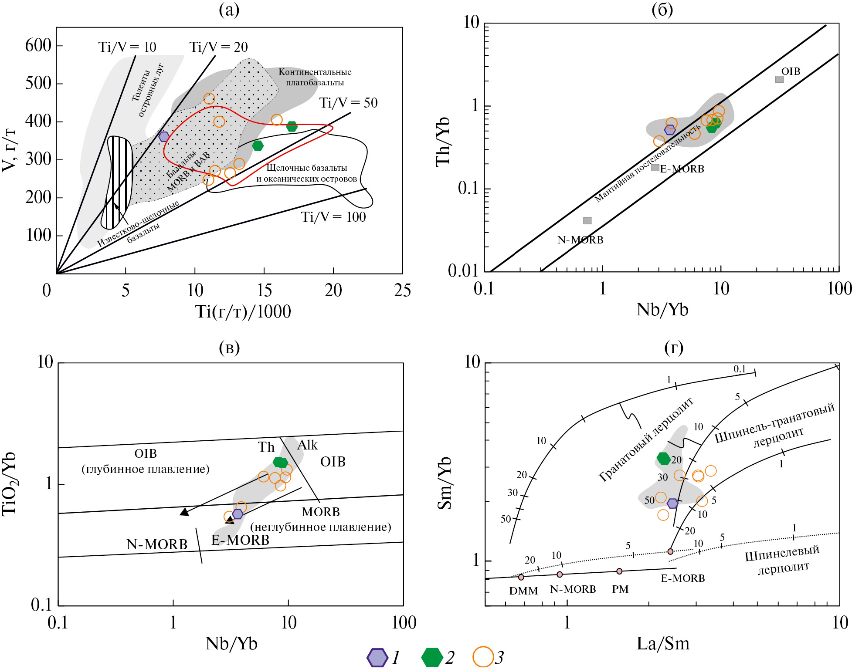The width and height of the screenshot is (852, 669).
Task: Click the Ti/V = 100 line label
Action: [x=333, y=217]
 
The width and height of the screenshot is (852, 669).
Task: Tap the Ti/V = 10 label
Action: [x=127, y=47]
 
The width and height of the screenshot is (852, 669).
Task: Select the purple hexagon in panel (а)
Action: [x=164, y=136]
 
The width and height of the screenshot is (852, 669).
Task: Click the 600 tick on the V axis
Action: [x=38, y=45]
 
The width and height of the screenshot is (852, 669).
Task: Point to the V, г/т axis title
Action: [x=9, y=150]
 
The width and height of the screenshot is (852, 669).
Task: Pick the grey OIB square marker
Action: [x=779, y=79]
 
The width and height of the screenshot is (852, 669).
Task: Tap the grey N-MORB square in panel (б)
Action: [x=587, y=221]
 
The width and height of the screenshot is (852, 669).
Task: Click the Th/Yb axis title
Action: [x=443, y=142]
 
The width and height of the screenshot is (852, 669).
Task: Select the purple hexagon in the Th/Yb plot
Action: [x=670, y=130]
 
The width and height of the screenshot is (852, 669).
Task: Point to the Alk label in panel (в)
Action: [x=307, y=445]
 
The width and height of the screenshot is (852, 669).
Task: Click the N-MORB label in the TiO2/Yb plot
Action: [x=157, y=544]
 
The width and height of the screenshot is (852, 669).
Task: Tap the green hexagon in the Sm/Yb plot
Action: [x=663, y=458]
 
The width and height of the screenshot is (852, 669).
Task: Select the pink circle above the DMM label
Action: [x=521, y=577]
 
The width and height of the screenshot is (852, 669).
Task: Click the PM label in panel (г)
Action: [x=620, y=589]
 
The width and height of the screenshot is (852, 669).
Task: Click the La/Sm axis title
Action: [x=663, y=644]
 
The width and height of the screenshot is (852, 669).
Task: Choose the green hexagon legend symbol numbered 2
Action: [x=432, y=658]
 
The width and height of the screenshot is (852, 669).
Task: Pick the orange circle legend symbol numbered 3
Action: [x=483, y=657]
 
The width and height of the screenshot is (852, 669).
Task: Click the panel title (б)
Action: [x=662, y=10]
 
